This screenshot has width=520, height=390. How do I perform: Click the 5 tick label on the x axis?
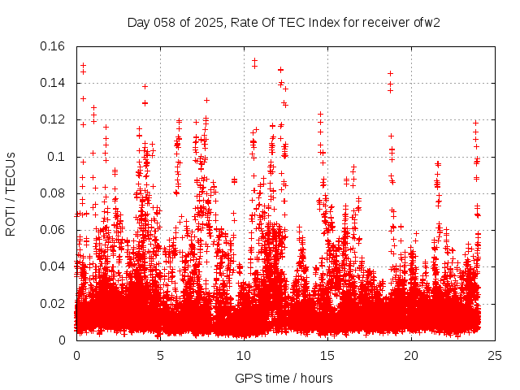160,355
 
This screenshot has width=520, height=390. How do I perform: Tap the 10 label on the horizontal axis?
244,355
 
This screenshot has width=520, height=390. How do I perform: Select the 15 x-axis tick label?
327,355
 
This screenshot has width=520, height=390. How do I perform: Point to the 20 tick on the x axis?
411,355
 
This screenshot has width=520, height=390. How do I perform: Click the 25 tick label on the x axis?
495,355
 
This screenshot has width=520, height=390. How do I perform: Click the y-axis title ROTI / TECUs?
11,193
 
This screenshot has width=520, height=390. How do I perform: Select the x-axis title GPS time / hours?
284,378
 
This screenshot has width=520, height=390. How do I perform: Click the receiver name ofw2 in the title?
427,22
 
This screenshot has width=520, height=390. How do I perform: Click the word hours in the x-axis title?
316,378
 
